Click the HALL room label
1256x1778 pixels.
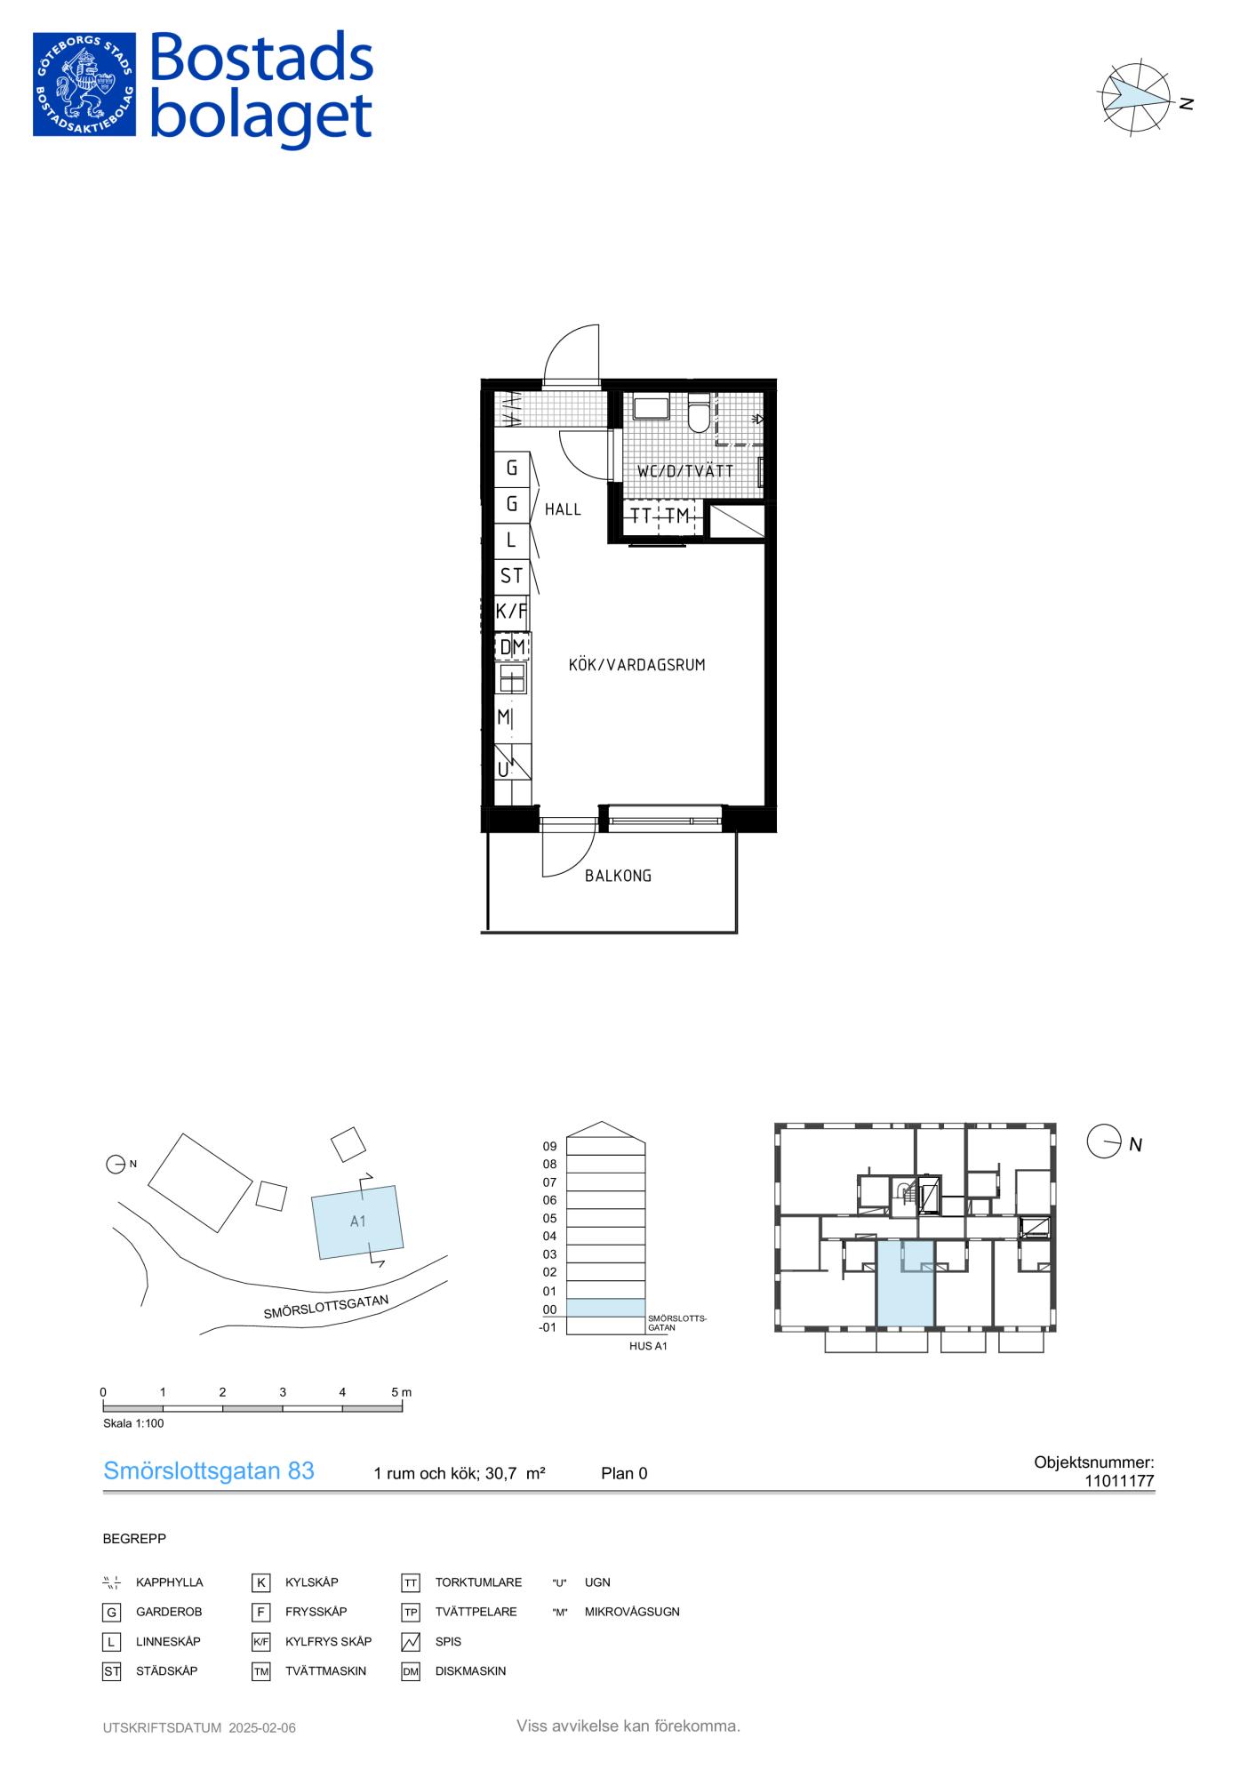pyautogui.click(x=563, y=509)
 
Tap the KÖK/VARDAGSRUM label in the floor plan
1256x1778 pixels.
pyautogui.click(x=636, y=665)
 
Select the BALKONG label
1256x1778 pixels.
pyautogui.click(x=618, y=876)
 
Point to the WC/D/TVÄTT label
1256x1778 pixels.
pyautogui.click(x=685, y=471)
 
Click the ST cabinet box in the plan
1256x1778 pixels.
pyautogui.click(x=512, y=576)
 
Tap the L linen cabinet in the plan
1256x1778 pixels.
pyautogui.click(x=512, y=540)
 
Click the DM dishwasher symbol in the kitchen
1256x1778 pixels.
pyautogui.click(x=512, y=647)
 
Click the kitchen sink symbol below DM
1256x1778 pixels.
pyautogui.click(x=512, y=679)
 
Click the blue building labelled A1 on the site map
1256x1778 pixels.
pyautogui.click(x=357, y=1221)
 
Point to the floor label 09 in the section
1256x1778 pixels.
pyautogui.click(x=549, y=1146)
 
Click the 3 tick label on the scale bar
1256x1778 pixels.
pyautogui.click(x=283, y=1392)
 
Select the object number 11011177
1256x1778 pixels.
pyautogui.click(x=1119, y=1481)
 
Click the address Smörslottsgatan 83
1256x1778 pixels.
pyautogui.click(x=209, y=1471)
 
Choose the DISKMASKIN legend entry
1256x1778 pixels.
pyautogui.click(x=470, y=1671)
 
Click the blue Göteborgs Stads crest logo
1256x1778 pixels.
pyautogui.click(x=84, y=84)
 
